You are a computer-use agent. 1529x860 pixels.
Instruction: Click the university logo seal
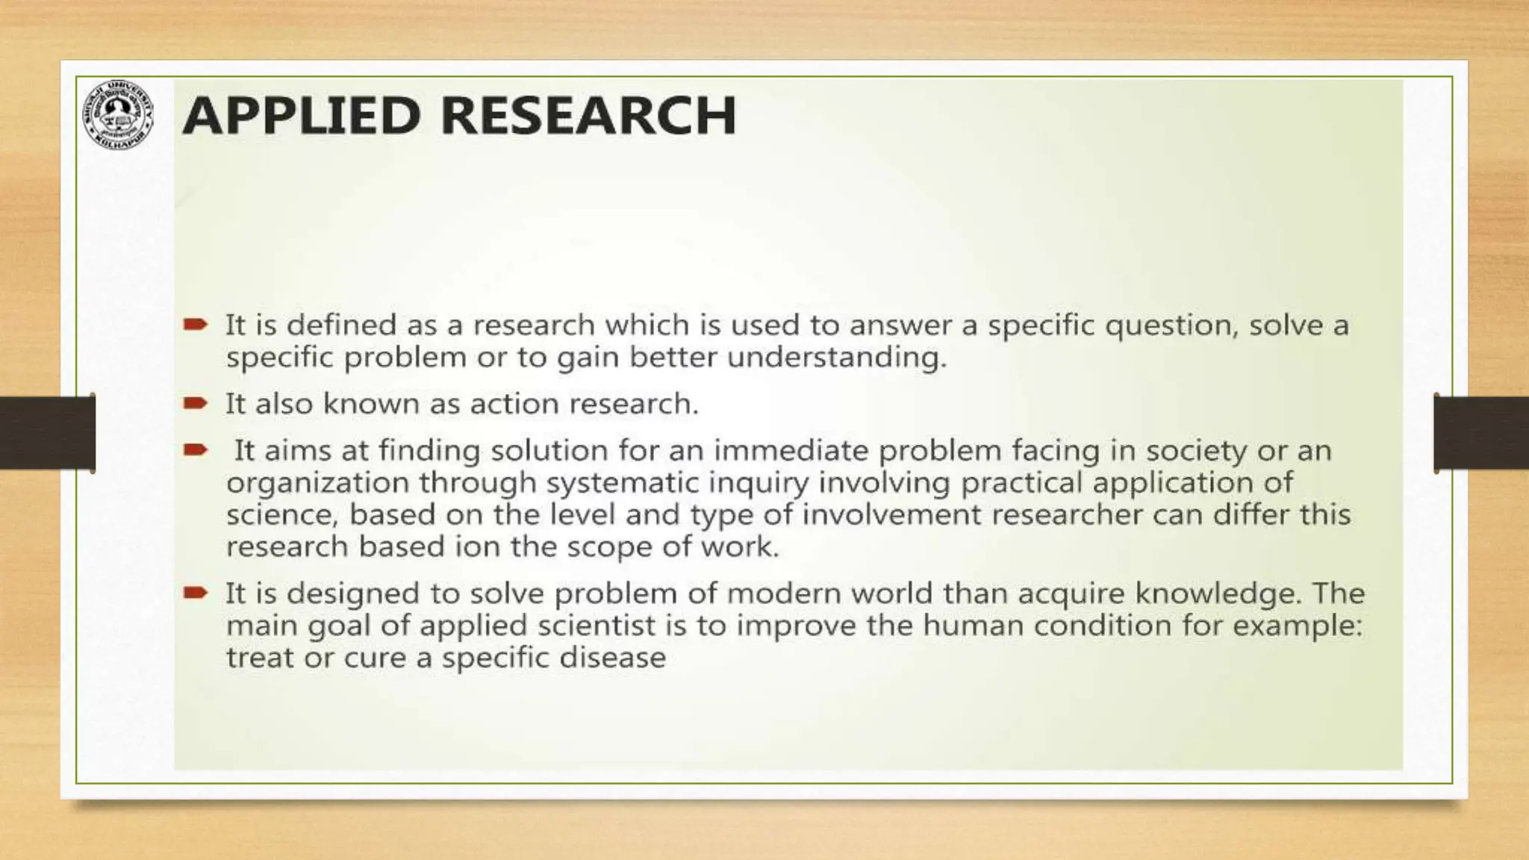point(118,113)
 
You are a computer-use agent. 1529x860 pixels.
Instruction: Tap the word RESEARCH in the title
point(588,116)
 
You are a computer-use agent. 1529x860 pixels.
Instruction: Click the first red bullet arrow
point(196,324)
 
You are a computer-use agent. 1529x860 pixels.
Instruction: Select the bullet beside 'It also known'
point(196,403)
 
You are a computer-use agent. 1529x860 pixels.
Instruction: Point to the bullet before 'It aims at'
point(196,449)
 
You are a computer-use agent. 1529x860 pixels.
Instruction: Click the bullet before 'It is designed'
point(196,593)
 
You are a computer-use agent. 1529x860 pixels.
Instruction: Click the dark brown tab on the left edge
point(46,433)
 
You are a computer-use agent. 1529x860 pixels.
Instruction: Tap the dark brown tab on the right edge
point(1481,433)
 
